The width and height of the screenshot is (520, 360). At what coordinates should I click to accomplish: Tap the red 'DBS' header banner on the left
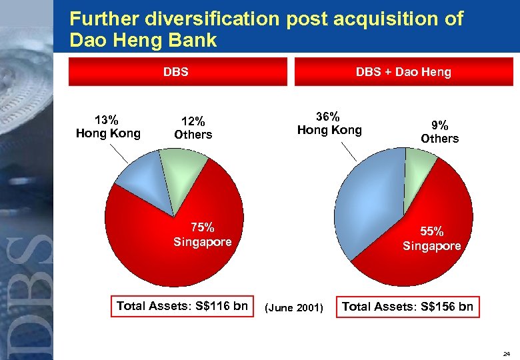point(177,71)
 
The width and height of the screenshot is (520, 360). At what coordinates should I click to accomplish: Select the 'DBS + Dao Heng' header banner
point(403,71)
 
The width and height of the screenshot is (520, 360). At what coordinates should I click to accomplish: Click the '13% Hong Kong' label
point(108,127)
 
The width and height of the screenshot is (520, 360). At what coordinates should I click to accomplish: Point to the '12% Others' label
point(193,127)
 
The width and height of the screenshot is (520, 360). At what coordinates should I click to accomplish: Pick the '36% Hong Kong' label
point(329,123)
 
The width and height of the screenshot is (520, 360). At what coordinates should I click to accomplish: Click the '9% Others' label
point(439,131)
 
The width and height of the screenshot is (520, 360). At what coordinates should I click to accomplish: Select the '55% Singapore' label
point(431,239)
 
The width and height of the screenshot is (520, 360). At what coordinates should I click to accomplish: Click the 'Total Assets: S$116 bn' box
point(182,306)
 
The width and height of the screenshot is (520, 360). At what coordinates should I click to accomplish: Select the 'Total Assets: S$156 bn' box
point(407,307)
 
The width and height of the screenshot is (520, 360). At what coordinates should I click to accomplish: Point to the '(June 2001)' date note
point(294,307)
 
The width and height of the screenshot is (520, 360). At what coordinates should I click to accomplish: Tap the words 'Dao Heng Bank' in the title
point(143,40)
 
